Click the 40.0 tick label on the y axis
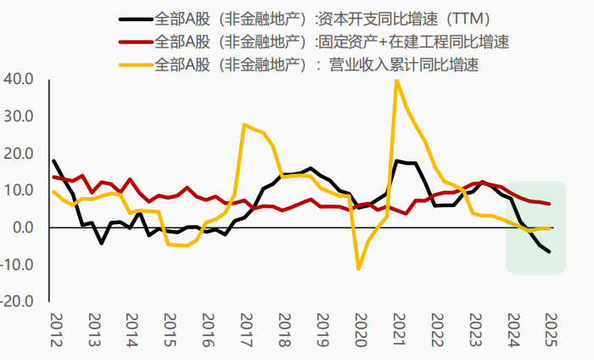tap(19, 79)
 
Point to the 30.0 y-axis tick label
tap(19, 116)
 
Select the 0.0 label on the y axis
tap(22, 228)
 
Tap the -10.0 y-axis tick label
tap(17, 265)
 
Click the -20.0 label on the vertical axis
tap(17, 301)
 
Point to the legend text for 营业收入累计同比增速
tap(319, 64)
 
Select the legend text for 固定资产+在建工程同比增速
tap(333, 40)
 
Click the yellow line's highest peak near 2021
tap(396, 80)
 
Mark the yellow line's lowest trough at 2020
tap(359, 268)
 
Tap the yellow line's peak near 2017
tap(244, 125)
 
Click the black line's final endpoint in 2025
tap(548, 251)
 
